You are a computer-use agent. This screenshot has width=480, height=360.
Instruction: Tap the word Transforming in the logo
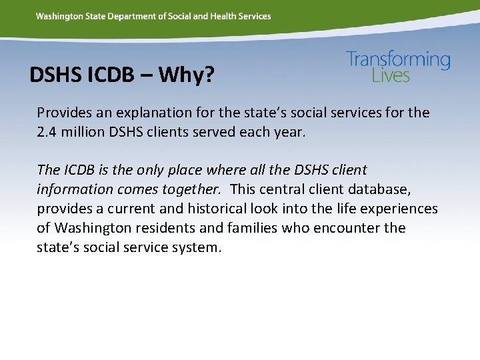tap(398, 60)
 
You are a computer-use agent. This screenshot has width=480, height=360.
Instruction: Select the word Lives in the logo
tap(391, 75)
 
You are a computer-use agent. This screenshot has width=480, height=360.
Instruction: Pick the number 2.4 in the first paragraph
tap(47, 131)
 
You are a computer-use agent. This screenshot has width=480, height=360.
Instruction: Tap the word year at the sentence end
tap(289, 131)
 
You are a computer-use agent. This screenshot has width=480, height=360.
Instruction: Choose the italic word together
tap(191, 189)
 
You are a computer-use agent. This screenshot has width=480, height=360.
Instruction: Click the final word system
tap(198, 247)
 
